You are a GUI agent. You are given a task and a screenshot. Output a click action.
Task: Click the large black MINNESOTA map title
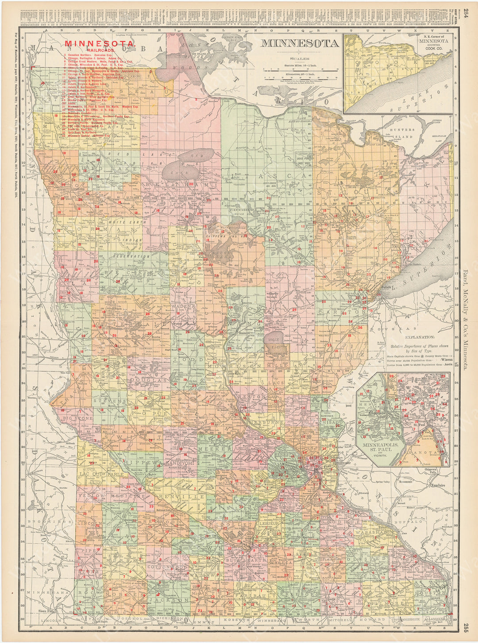click(x=300, y=43)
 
